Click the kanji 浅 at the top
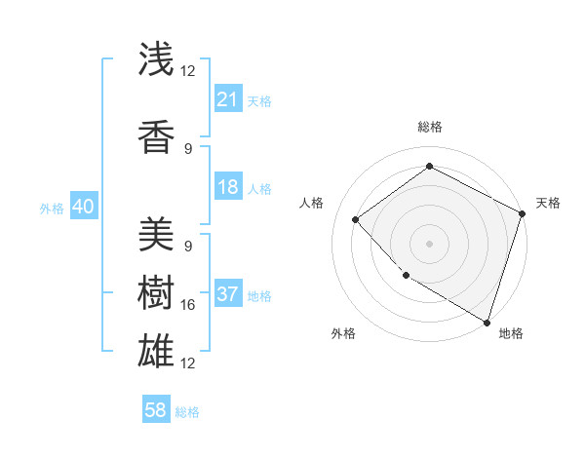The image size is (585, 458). [x=157, y=59]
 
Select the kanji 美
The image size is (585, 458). [x=157, y=233]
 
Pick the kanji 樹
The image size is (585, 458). [x=157, y=291]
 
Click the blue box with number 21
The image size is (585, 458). [x=228, y=99]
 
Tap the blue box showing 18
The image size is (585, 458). [x=228, y=188]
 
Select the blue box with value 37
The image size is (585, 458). [x=228, y=295]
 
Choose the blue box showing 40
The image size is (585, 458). [x=83, y=208]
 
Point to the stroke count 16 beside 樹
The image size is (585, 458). [x=188, y=305]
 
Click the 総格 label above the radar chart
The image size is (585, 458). [x=429, y=127]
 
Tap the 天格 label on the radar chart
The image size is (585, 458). [x=548, y=203]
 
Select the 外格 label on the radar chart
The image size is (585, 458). [x=342, y=333]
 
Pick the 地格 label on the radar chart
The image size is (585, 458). [x=511, y=333]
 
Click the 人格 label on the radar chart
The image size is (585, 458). [x=311, y=203]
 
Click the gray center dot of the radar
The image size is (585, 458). [x=429, y=244]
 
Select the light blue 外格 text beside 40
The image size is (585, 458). [x=52, y=209]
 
